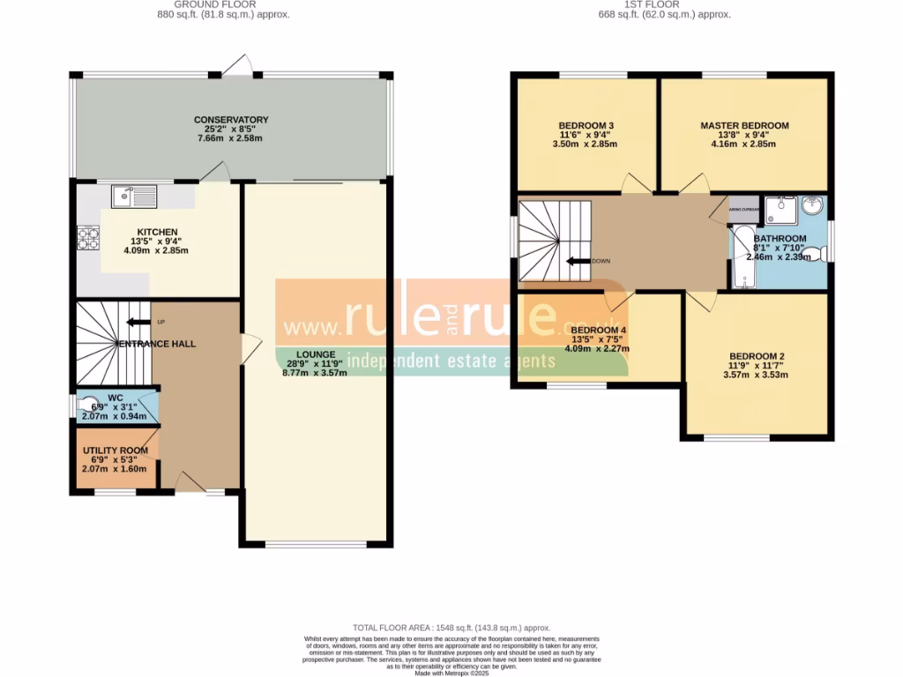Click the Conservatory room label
pos(231,120)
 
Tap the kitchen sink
pos(134,195)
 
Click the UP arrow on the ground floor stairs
pos(137,322)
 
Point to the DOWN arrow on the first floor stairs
pos(578,261)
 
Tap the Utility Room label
pos(116,450)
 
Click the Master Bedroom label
pos(744,126)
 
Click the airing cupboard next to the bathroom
pos(743,209)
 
